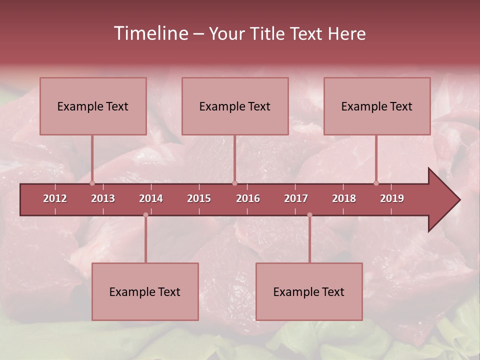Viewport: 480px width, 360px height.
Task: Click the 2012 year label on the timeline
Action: tap(55, 198)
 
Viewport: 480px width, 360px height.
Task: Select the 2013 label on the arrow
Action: tap(103, 198)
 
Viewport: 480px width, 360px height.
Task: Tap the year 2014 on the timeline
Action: tap(151, 198)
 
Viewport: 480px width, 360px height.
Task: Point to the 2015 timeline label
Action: tap(199, 198)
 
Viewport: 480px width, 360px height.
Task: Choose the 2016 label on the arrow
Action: tap(248, 198)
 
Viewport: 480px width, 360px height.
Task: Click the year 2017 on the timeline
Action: tap(296, 198)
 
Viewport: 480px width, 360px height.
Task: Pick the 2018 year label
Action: tap(344, 198)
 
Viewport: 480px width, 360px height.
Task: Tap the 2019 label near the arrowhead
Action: tap(392, 198)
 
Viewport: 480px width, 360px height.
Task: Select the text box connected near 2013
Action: tap(93, 106)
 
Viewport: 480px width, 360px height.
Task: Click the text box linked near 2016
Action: tap(235, 106)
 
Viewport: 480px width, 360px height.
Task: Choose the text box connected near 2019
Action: tap(377, 106)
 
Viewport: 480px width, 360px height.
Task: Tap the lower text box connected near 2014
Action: tap(145, 291)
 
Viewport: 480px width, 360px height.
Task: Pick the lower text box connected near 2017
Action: tap(309, 291)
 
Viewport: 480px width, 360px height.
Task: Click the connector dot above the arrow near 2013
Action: tap(92, 183)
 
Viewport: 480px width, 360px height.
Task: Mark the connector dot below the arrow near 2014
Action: tap(145, 215)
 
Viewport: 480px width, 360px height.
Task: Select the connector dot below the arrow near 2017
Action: tap(309, 215)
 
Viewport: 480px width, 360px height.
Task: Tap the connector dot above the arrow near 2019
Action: tap(376, 183)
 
